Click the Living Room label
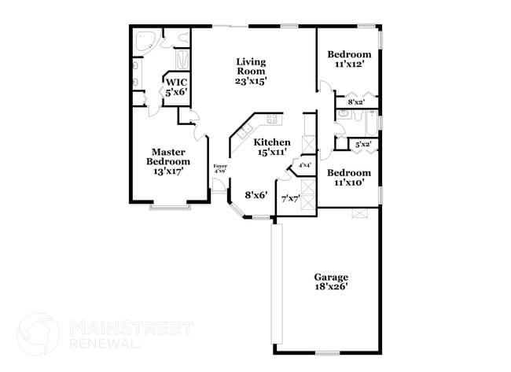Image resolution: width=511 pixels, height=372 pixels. [x=252, y=70]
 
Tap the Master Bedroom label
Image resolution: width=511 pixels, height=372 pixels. [x=167, y=161]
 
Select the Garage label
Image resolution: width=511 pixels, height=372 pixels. [x=331, y=282]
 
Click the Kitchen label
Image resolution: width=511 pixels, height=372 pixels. [x=272, y=147]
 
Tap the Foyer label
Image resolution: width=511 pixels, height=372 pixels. [x=220, y=168]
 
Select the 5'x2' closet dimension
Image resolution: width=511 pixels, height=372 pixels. [x=362, y=145]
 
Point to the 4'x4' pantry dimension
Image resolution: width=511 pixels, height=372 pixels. [x=303, y=165]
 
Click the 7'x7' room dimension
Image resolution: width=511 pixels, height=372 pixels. [x=291, y=198]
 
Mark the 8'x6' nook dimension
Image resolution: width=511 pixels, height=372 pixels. [x=256, y=194]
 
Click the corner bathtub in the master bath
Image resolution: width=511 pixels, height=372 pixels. [x=143, y=40]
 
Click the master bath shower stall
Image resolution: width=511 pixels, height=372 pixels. [x=182, y=60]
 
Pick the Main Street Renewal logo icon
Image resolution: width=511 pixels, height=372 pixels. [x=38, y=333]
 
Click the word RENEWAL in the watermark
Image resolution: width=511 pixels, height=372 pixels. [x=104, y=344]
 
